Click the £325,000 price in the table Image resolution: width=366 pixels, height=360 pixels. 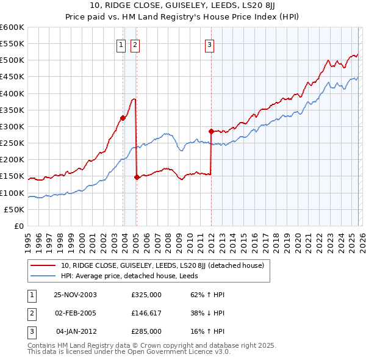pos(146,294)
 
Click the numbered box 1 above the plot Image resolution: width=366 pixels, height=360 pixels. pos(121,44)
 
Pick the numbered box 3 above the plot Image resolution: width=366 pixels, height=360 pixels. pos(209,44)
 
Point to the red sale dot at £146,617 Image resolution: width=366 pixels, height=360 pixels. pos(136,178)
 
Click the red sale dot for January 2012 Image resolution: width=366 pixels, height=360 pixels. pos(211,131)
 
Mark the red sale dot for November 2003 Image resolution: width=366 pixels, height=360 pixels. pos(123,118)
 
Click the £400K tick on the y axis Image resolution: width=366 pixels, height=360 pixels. pos(12,93)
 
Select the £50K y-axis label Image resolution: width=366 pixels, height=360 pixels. pos(15,209)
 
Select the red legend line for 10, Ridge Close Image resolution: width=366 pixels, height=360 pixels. pos(43,265)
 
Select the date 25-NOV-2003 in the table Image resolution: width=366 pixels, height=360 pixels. pos(76,294)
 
